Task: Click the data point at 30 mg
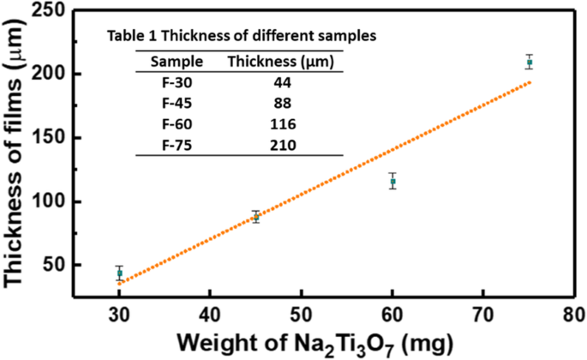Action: coord(119,273)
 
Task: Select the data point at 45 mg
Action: coord(255,218)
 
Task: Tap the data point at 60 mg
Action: coord(392,182)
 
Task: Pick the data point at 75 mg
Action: coord(530,63)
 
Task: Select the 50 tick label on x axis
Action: coord(301,314)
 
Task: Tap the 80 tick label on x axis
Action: coord(574,314)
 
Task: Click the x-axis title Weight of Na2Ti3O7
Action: coord(323,342)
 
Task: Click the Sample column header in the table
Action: coord(177,62)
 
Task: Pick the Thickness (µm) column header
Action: coord(284,62)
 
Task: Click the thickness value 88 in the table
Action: coord(284,104)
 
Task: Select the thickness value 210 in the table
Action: coord(284,145)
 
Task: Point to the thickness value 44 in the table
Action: coord(284,83)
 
